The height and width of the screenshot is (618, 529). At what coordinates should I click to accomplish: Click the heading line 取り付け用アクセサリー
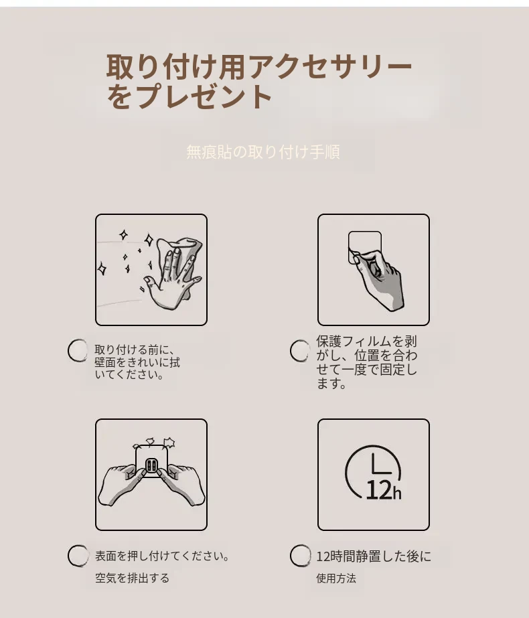pos(259,66)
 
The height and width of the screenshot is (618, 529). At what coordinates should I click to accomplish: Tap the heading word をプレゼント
pos(190,96)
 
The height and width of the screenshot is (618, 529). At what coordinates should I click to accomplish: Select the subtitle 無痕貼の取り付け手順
pos(263,152)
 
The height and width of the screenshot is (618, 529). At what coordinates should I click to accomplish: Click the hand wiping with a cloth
pos(172,273)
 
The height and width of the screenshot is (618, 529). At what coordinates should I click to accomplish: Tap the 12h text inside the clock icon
pos(384,491)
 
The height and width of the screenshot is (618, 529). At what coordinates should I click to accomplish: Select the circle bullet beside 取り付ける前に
pos(78,350)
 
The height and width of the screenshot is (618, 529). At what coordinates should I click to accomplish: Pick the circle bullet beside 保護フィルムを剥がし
pos(300,350)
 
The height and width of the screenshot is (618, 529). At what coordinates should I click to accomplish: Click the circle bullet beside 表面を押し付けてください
pos(78,556)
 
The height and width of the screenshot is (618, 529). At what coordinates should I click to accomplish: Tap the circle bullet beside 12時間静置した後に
pos(301,556)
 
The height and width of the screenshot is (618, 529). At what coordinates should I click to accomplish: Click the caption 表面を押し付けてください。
pos(162,556)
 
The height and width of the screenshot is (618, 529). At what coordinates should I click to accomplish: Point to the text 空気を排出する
pos(132,578)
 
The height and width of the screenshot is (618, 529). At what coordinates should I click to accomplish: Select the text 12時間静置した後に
pos(374,556)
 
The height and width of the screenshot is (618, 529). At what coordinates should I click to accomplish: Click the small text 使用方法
pos(336,578)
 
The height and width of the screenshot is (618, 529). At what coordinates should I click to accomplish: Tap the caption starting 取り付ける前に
pos(137,362)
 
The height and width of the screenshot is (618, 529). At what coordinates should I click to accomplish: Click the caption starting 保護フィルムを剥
pos(366,362)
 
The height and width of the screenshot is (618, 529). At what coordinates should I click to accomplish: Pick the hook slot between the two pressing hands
pos(151,466)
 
